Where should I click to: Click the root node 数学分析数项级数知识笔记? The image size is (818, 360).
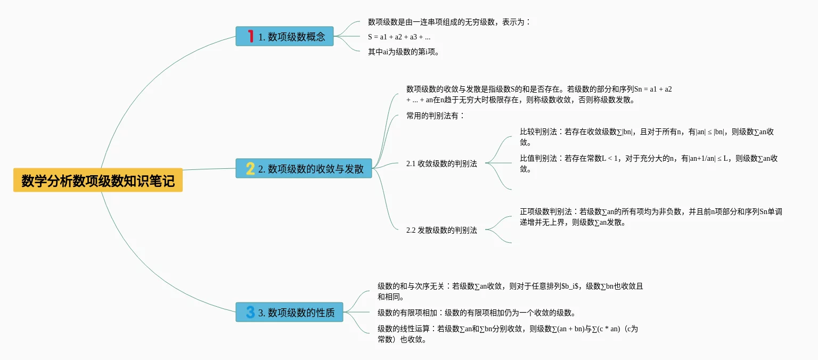pyautogui.click(x=98, y=181)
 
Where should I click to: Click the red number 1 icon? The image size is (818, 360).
pyautogui.click(x=250, y=36)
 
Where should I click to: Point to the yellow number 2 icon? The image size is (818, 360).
pyautogui.click(x=250, y=169)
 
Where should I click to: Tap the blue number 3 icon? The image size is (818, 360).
pyautogui.click(x=250, y=312)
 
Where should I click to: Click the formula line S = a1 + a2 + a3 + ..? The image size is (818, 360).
pyautogui.click(x=399, y=37)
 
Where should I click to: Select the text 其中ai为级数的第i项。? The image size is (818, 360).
pyautogui.click(x=404, y=52)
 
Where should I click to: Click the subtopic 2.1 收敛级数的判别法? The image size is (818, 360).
pyautogui.click(x=441, y=163)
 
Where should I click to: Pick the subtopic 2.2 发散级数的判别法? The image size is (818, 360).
pyautogui.click(x=441, y=230)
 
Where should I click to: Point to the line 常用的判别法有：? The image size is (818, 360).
pyautogui.click(x=435, y=116)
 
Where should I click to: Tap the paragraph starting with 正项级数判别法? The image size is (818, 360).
pyautogui.click(x=651, y=217)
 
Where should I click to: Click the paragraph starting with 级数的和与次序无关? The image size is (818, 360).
pyautogui.click(x=510, y=291)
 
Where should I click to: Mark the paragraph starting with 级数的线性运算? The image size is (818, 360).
pyautogui.click(x=508, y=334)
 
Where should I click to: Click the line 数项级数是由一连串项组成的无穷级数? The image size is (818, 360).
pyautogui.click(x=449, y=22)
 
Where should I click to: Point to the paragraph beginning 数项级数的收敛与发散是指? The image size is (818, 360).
pyautogui.click(x=538, y=94)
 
